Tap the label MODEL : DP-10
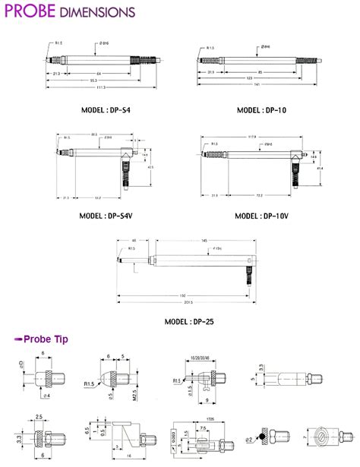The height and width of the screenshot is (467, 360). coord(261,110)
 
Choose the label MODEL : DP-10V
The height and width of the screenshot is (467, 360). coord(262,216)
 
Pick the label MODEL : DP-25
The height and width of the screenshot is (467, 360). coord(189,321)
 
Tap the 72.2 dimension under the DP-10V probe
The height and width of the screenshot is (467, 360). coord(259,196)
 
